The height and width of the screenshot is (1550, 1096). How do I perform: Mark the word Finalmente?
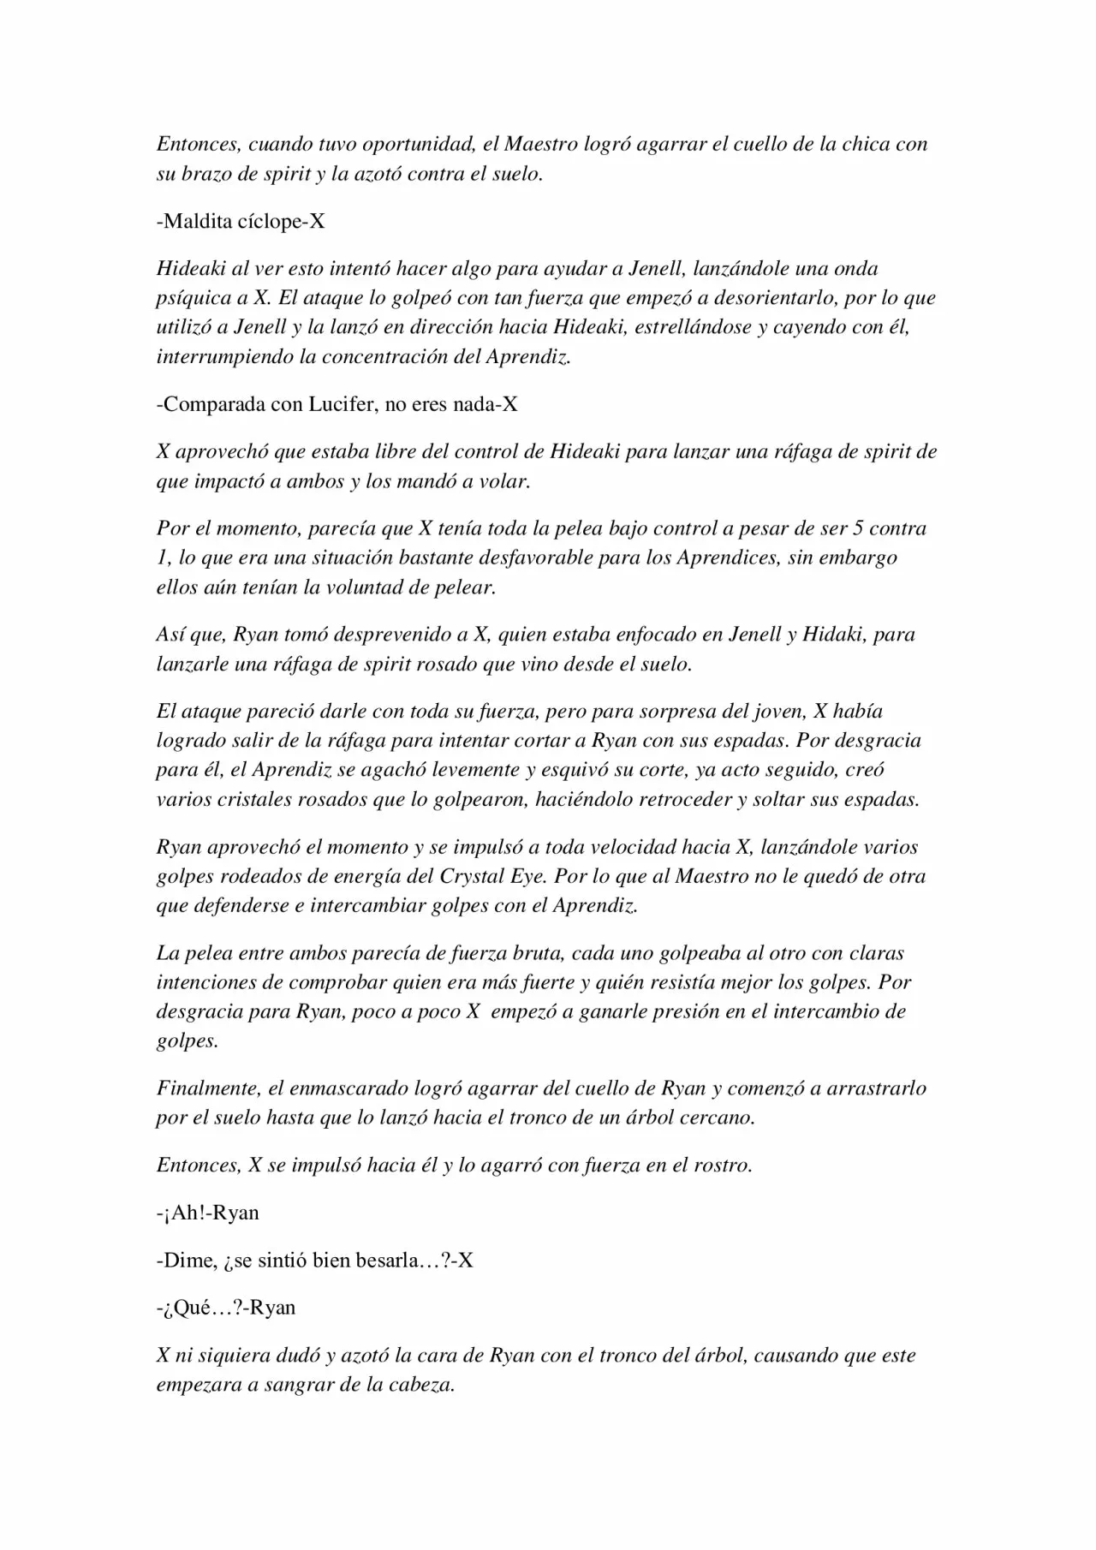pyautogui.click(x=207, y=1089)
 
